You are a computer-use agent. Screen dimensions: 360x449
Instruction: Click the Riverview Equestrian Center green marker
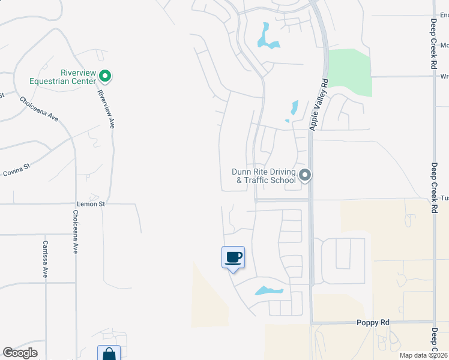[x=105, y=76]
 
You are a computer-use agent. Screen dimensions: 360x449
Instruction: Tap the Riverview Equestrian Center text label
[x=62, y=76]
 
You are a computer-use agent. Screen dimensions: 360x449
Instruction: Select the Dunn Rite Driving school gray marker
[x=305, y=176]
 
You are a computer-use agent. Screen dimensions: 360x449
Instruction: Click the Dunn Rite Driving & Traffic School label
[x=264, y=176]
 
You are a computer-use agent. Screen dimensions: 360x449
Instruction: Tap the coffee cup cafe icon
[x=233, y=258]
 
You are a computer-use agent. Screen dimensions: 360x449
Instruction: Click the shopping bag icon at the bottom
[x=109, y=354]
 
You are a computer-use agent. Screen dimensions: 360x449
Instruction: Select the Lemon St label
[x=91, y=204]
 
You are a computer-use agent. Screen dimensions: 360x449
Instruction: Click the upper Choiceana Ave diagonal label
[x=38, y=109]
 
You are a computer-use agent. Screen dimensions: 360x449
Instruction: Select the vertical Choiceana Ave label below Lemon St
[x=76, y=232]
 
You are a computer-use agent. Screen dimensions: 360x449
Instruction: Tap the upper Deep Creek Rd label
[x=433, y=39]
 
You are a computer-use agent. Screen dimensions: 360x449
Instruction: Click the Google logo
[x=20, y=353]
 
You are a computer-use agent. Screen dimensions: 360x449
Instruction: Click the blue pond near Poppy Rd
[x=268, y=292]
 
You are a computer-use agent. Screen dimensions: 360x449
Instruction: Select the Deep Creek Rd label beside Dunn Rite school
[x=433, y=187]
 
